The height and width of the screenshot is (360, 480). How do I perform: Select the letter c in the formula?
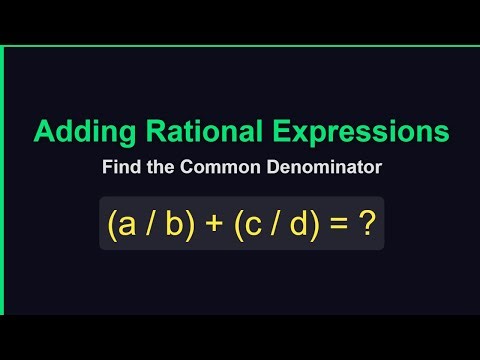coord(254,226)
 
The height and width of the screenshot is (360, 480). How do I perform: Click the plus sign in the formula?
coord(212,226)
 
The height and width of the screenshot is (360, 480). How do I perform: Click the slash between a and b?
coord(150,226)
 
